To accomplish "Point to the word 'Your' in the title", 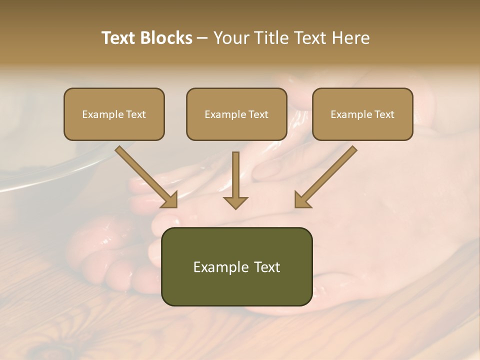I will [230, 38].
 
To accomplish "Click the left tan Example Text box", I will [114, 114].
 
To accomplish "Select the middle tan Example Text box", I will [236, 114].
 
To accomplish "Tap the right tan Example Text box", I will [362, 114].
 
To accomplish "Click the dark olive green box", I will [237, 266].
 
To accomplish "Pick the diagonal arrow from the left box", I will [145, 175].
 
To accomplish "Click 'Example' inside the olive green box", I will [218, 267].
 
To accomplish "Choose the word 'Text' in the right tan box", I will [384, 114].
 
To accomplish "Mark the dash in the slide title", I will [202, 38].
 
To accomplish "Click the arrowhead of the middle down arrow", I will [235, 202].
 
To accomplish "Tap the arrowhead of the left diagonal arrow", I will [169, 200].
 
